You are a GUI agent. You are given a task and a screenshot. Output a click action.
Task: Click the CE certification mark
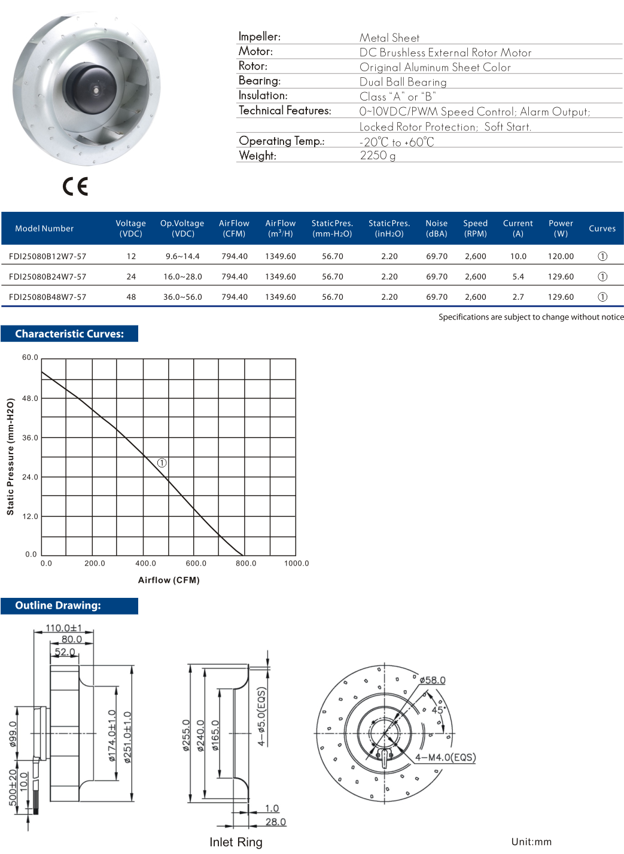pyautogui.click(x=75, y=187)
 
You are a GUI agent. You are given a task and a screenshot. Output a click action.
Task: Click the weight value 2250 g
pyautogui.click(x=378, y=156)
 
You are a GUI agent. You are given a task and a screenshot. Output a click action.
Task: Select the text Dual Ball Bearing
pyautogui.click(x=403, y=82)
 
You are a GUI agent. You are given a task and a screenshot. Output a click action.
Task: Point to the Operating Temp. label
pyautogui.click(x=281, y=141)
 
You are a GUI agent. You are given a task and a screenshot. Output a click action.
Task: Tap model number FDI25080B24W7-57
pyautogui.click(x=48, y=276)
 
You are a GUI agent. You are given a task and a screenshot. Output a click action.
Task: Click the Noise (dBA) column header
pyautogui.click(x=436, y=228)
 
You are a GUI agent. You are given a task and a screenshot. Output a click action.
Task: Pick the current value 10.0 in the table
pyautogui.click(x=518, y=256)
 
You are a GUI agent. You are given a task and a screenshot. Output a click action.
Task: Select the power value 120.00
pyautogui.click(x=561, y=256)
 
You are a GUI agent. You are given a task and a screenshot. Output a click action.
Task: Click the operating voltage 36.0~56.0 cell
pyautogui.click(x=182, y=297)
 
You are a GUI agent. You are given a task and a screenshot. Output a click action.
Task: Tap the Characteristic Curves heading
pyautogui.click(x=69, y=334)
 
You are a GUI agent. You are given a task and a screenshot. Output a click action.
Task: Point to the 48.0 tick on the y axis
pyautogui.click(x=30, y=398)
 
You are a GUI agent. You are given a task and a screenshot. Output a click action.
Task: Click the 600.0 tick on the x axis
pyautogui.click(x=196, y=563)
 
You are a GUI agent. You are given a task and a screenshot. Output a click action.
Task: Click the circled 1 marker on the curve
pyautogui.click(x=162, y=463)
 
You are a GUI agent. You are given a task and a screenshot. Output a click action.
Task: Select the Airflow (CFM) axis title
pyautogui.click(x=169, y=580)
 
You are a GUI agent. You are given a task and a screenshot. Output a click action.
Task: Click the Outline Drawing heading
pyautogui.click(x=58, y=606)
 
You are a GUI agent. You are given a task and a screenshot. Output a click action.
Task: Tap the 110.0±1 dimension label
pyautogui.click(x=63, y=628)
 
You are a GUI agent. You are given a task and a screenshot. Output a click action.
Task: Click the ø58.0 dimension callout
pyautogui.click(x=432, y=680)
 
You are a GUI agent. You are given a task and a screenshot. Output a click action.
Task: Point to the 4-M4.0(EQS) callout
pyautogui.click(x=445, y=757)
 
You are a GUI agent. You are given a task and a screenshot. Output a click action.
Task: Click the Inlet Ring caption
pyautogui.click(x=236, y=842)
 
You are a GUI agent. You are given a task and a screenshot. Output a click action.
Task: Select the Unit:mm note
pyautogui.click(x=531, y=842)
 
